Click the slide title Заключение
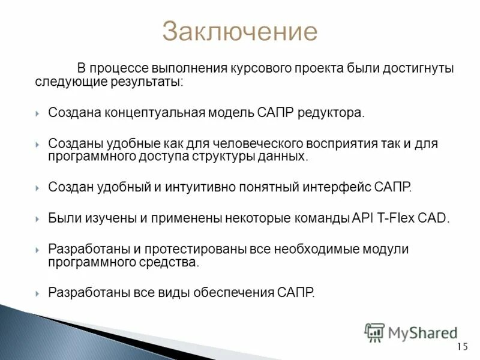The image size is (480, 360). pos(239,31)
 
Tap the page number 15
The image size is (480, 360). pos(461,347)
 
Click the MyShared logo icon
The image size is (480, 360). pos(375,331)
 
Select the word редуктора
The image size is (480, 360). pos(333,113)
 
